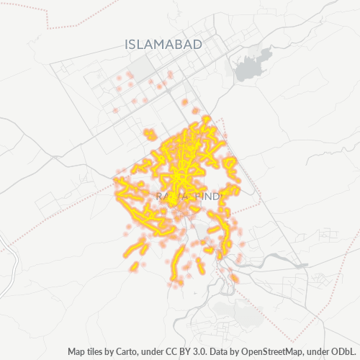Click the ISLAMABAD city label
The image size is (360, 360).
163,45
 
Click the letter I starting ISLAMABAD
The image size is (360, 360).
127,45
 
